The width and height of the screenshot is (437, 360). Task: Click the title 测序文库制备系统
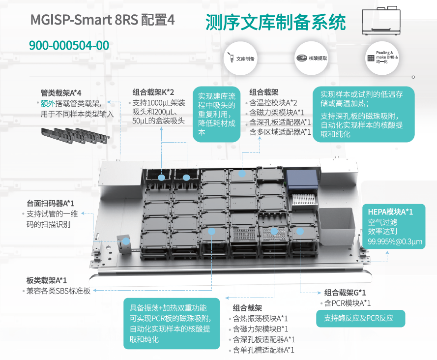pyautogui.click(x=275, y=22)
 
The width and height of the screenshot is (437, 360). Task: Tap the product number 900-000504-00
pyautogui.click(x=69, y=46)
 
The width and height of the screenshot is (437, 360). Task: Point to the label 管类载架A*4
pyautogui.click(x=61, y=92)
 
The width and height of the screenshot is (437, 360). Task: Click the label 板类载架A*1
pyautogui.click(x=47, y=280)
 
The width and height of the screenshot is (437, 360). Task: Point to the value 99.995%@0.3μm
pyautogui.click(x=395, y=242)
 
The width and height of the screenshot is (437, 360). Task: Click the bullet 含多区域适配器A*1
pyautogui.click(x=280, y=132)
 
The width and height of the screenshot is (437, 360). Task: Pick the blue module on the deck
pyautogui.click(x=301, y=180)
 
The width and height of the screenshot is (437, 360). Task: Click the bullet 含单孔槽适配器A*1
pyautogui.click(x=263, y=350)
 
